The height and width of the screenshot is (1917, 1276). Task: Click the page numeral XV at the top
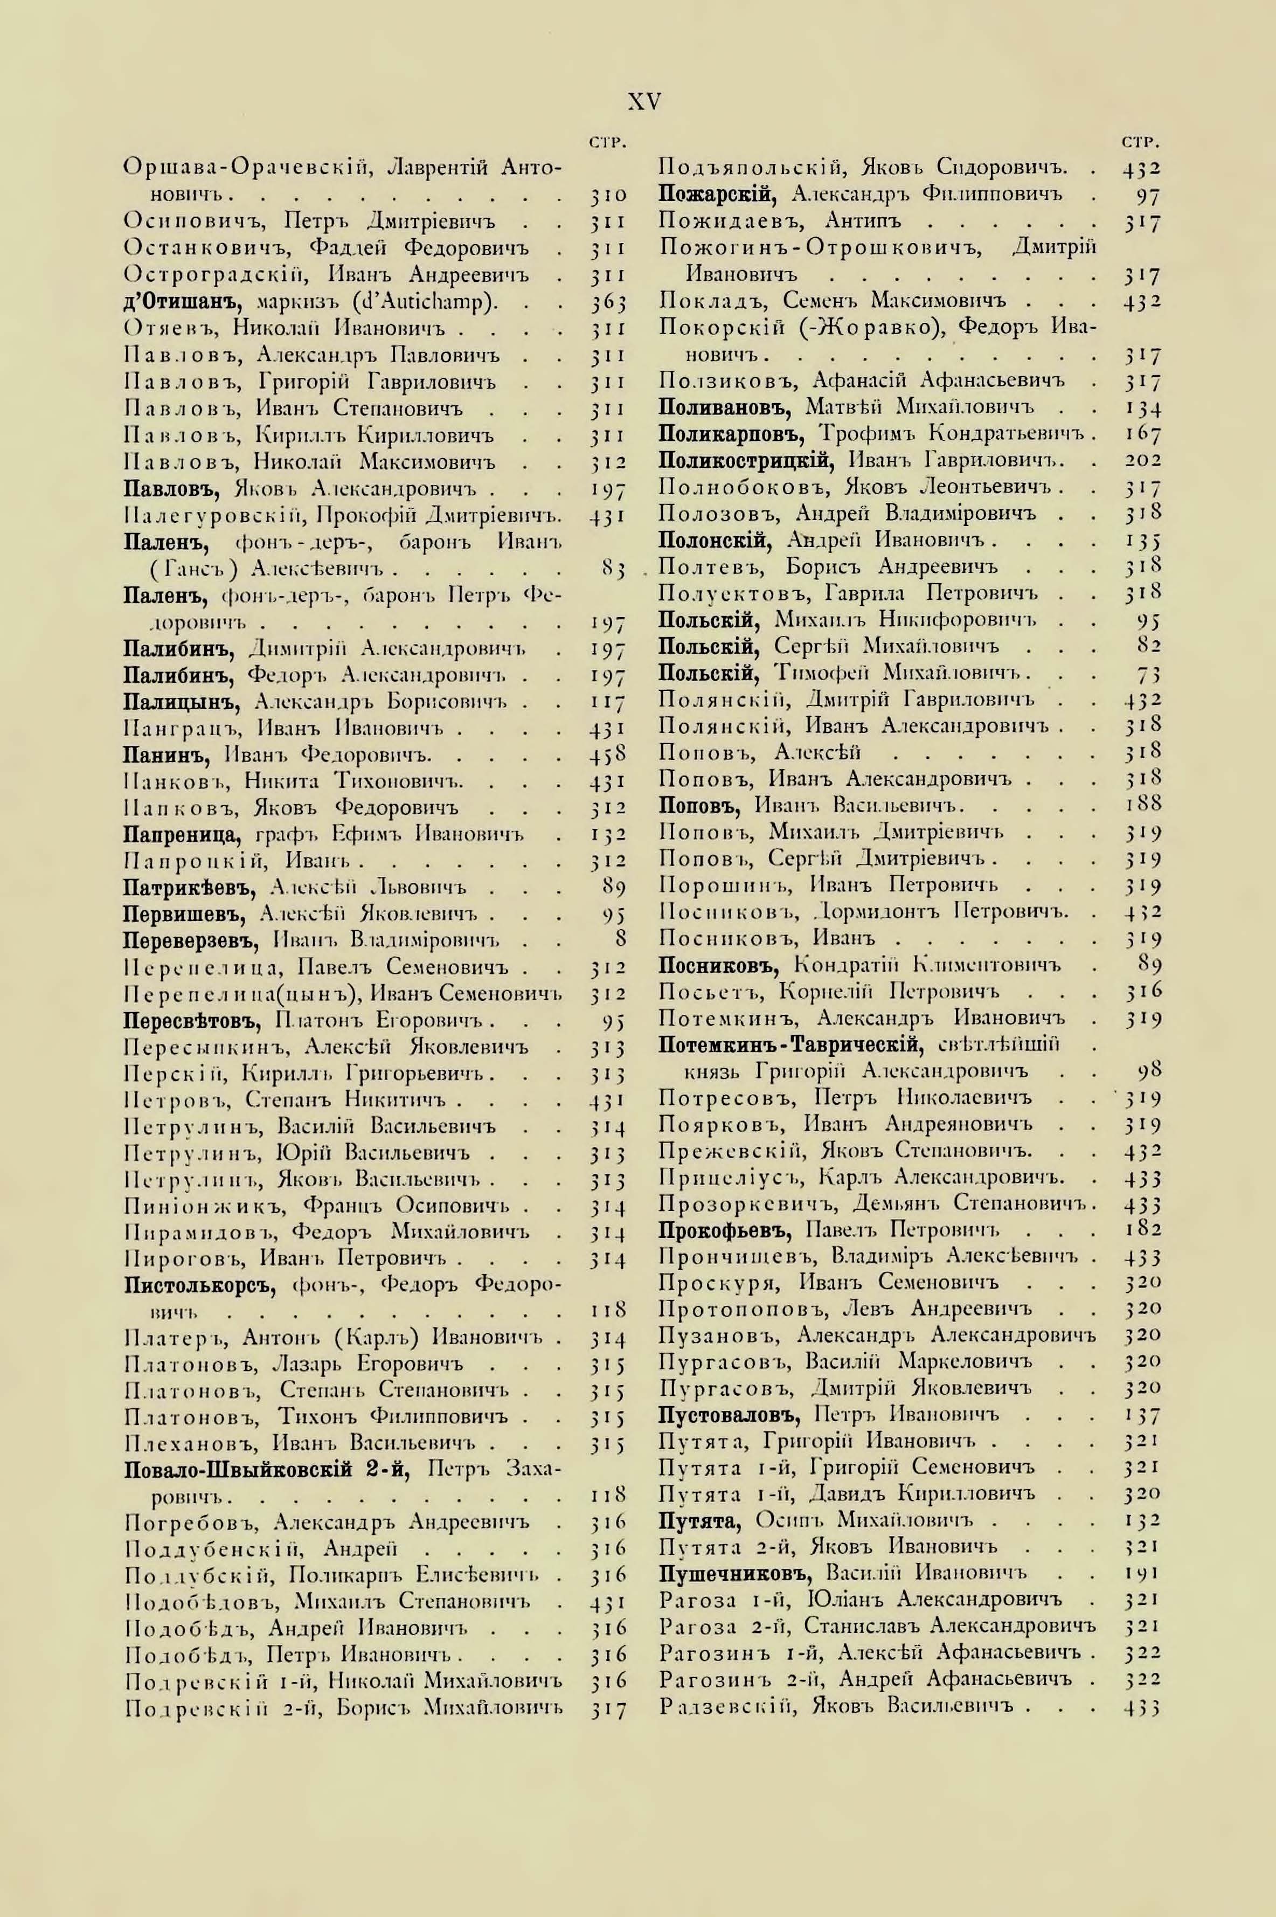click(x=644, y=102)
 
